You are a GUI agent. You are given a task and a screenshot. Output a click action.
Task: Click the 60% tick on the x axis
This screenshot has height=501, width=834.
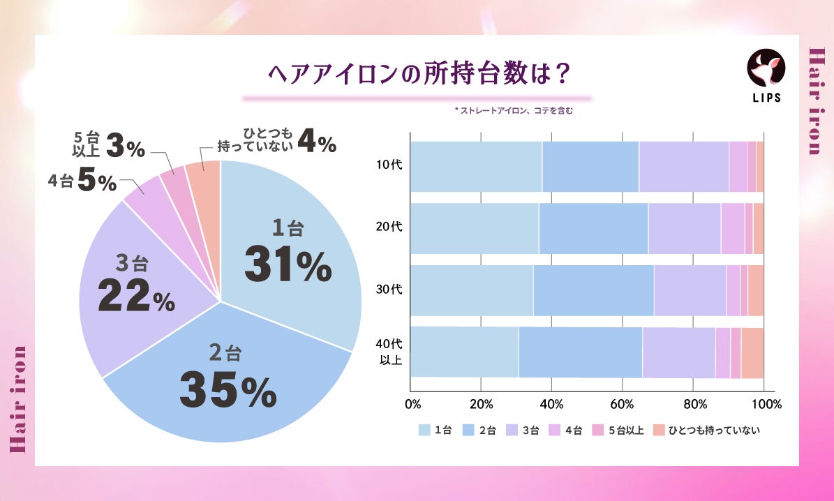click(622, 404)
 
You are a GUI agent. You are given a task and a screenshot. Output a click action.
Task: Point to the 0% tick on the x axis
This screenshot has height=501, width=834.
click(412, 404)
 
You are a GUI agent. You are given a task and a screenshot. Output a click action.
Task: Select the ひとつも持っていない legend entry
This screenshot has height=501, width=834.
click(706, 431)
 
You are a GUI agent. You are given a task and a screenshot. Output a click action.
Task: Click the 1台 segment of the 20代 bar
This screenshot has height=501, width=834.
click(474, 228)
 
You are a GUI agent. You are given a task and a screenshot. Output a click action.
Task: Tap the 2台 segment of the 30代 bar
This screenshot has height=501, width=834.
click(593, 290)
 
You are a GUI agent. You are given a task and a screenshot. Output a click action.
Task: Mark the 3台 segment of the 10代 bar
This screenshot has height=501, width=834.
click(683, 166)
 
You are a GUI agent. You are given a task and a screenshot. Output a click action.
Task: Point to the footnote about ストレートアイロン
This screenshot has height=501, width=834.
click(513, 110)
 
